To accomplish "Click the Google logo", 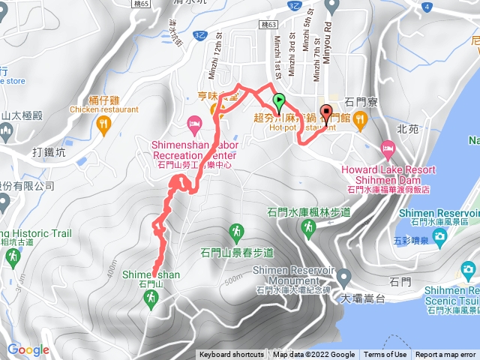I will click(x=28, y=349).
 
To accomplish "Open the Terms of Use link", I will click(x=385, y=355).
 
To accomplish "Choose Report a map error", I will click(x=447, y=355).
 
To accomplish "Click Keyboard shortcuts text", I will click(x=232, y=355).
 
